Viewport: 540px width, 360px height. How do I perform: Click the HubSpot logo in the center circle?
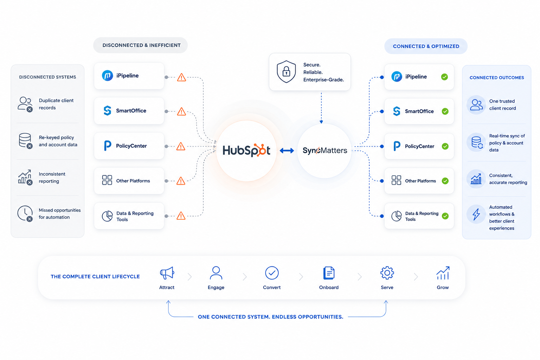click(246, 150)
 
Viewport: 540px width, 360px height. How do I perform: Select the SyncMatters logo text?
click(325, 150)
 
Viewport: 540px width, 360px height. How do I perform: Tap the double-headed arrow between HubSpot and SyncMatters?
click(287, 151)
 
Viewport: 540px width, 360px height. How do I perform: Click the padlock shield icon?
click(286, 72)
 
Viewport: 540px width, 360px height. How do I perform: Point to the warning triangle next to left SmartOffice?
click(181, 112)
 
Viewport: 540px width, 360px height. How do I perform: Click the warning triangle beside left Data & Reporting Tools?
click(181, 216)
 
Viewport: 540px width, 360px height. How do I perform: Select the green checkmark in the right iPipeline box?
click(444, 77)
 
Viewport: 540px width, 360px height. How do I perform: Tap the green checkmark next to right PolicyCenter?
click(445, 146)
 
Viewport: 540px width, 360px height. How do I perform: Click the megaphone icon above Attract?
click(167, 273)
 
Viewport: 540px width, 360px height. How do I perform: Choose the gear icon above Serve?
click(387, 273)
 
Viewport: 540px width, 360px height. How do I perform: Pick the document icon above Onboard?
click(329, 273)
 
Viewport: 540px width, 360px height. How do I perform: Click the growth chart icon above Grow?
click(443, 273)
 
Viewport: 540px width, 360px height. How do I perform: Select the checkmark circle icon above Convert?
click(272, 273)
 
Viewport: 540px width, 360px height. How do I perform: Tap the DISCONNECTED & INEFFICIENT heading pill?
click(141, 45)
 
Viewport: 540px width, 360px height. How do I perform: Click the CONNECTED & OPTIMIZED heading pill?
click(426, 46)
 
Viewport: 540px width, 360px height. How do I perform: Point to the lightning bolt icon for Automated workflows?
click(476, 214)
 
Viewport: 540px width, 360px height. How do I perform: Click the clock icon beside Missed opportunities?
click(25, 213)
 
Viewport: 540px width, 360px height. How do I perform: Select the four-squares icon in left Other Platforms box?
click(107, 180)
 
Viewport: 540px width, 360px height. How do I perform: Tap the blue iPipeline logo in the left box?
click(107, 76)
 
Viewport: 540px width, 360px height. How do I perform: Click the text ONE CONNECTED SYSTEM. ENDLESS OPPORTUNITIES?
click(270, 317)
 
